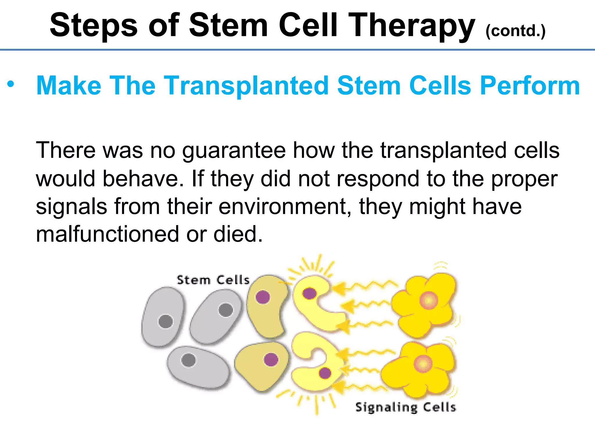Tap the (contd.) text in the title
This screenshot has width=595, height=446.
515,31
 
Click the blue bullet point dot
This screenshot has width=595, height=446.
11,84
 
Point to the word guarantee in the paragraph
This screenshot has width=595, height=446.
234,150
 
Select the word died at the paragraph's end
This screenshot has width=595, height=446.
237,234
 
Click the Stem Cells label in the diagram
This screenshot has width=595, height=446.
213,280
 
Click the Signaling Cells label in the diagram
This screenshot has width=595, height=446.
406,407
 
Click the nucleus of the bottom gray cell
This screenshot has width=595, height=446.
189,360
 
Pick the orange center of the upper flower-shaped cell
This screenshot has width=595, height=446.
429,301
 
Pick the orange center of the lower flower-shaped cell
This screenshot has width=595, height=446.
423,364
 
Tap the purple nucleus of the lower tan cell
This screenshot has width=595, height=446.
271,360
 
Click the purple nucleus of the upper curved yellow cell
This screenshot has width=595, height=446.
309,293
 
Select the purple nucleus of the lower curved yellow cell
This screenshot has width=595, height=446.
325,373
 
